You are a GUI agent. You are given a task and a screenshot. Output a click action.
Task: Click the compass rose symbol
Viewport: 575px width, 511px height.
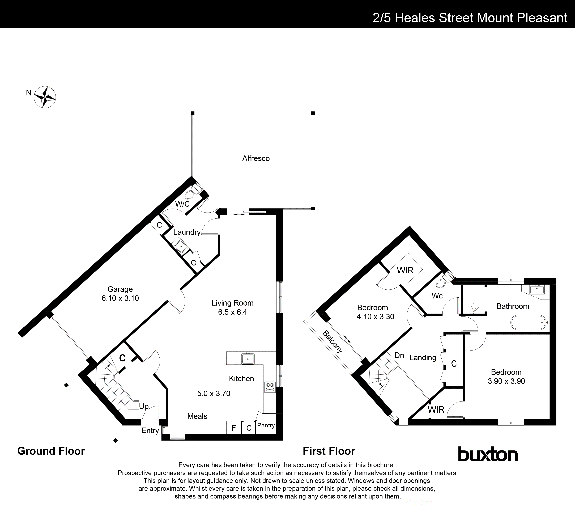click(x=45, y=97)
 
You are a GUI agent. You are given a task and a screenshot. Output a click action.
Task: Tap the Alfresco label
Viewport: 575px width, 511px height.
click(x=256, y=158)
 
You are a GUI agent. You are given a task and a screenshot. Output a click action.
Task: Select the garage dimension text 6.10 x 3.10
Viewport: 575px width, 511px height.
click(x=120, y=298)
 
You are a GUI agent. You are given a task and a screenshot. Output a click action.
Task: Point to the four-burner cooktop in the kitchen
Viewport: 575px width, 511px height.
click(x=270, y=387)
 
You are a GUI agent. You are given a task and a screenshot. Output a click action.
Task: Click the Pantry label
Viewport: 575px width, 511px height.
click(x=266, y=425)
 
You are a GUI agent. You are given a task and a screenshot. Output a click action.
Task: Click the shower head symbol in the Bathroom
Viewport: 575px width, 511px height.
click(x=474, y=308)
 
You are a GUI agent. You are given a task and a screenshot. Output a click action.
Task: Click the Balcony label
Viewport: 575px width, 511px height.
click(x=333, y=342)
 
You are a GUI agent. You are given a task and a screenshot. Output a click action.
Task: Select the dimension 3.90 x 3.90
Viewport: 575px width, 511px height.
click(x=506, y=381)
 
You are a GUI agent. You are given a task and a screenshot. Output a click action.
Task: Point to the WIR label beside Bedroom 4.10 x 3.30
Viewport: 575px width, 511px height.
click(x=405, y=270)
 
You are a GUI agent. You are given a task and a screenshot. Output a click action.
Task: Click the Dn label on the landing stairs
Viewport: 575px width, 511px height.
click(x=399, y=355)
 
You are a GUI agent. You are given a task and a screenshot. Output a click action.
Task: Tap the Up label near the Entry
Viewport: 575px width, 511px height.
click(x=144, y=406)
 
